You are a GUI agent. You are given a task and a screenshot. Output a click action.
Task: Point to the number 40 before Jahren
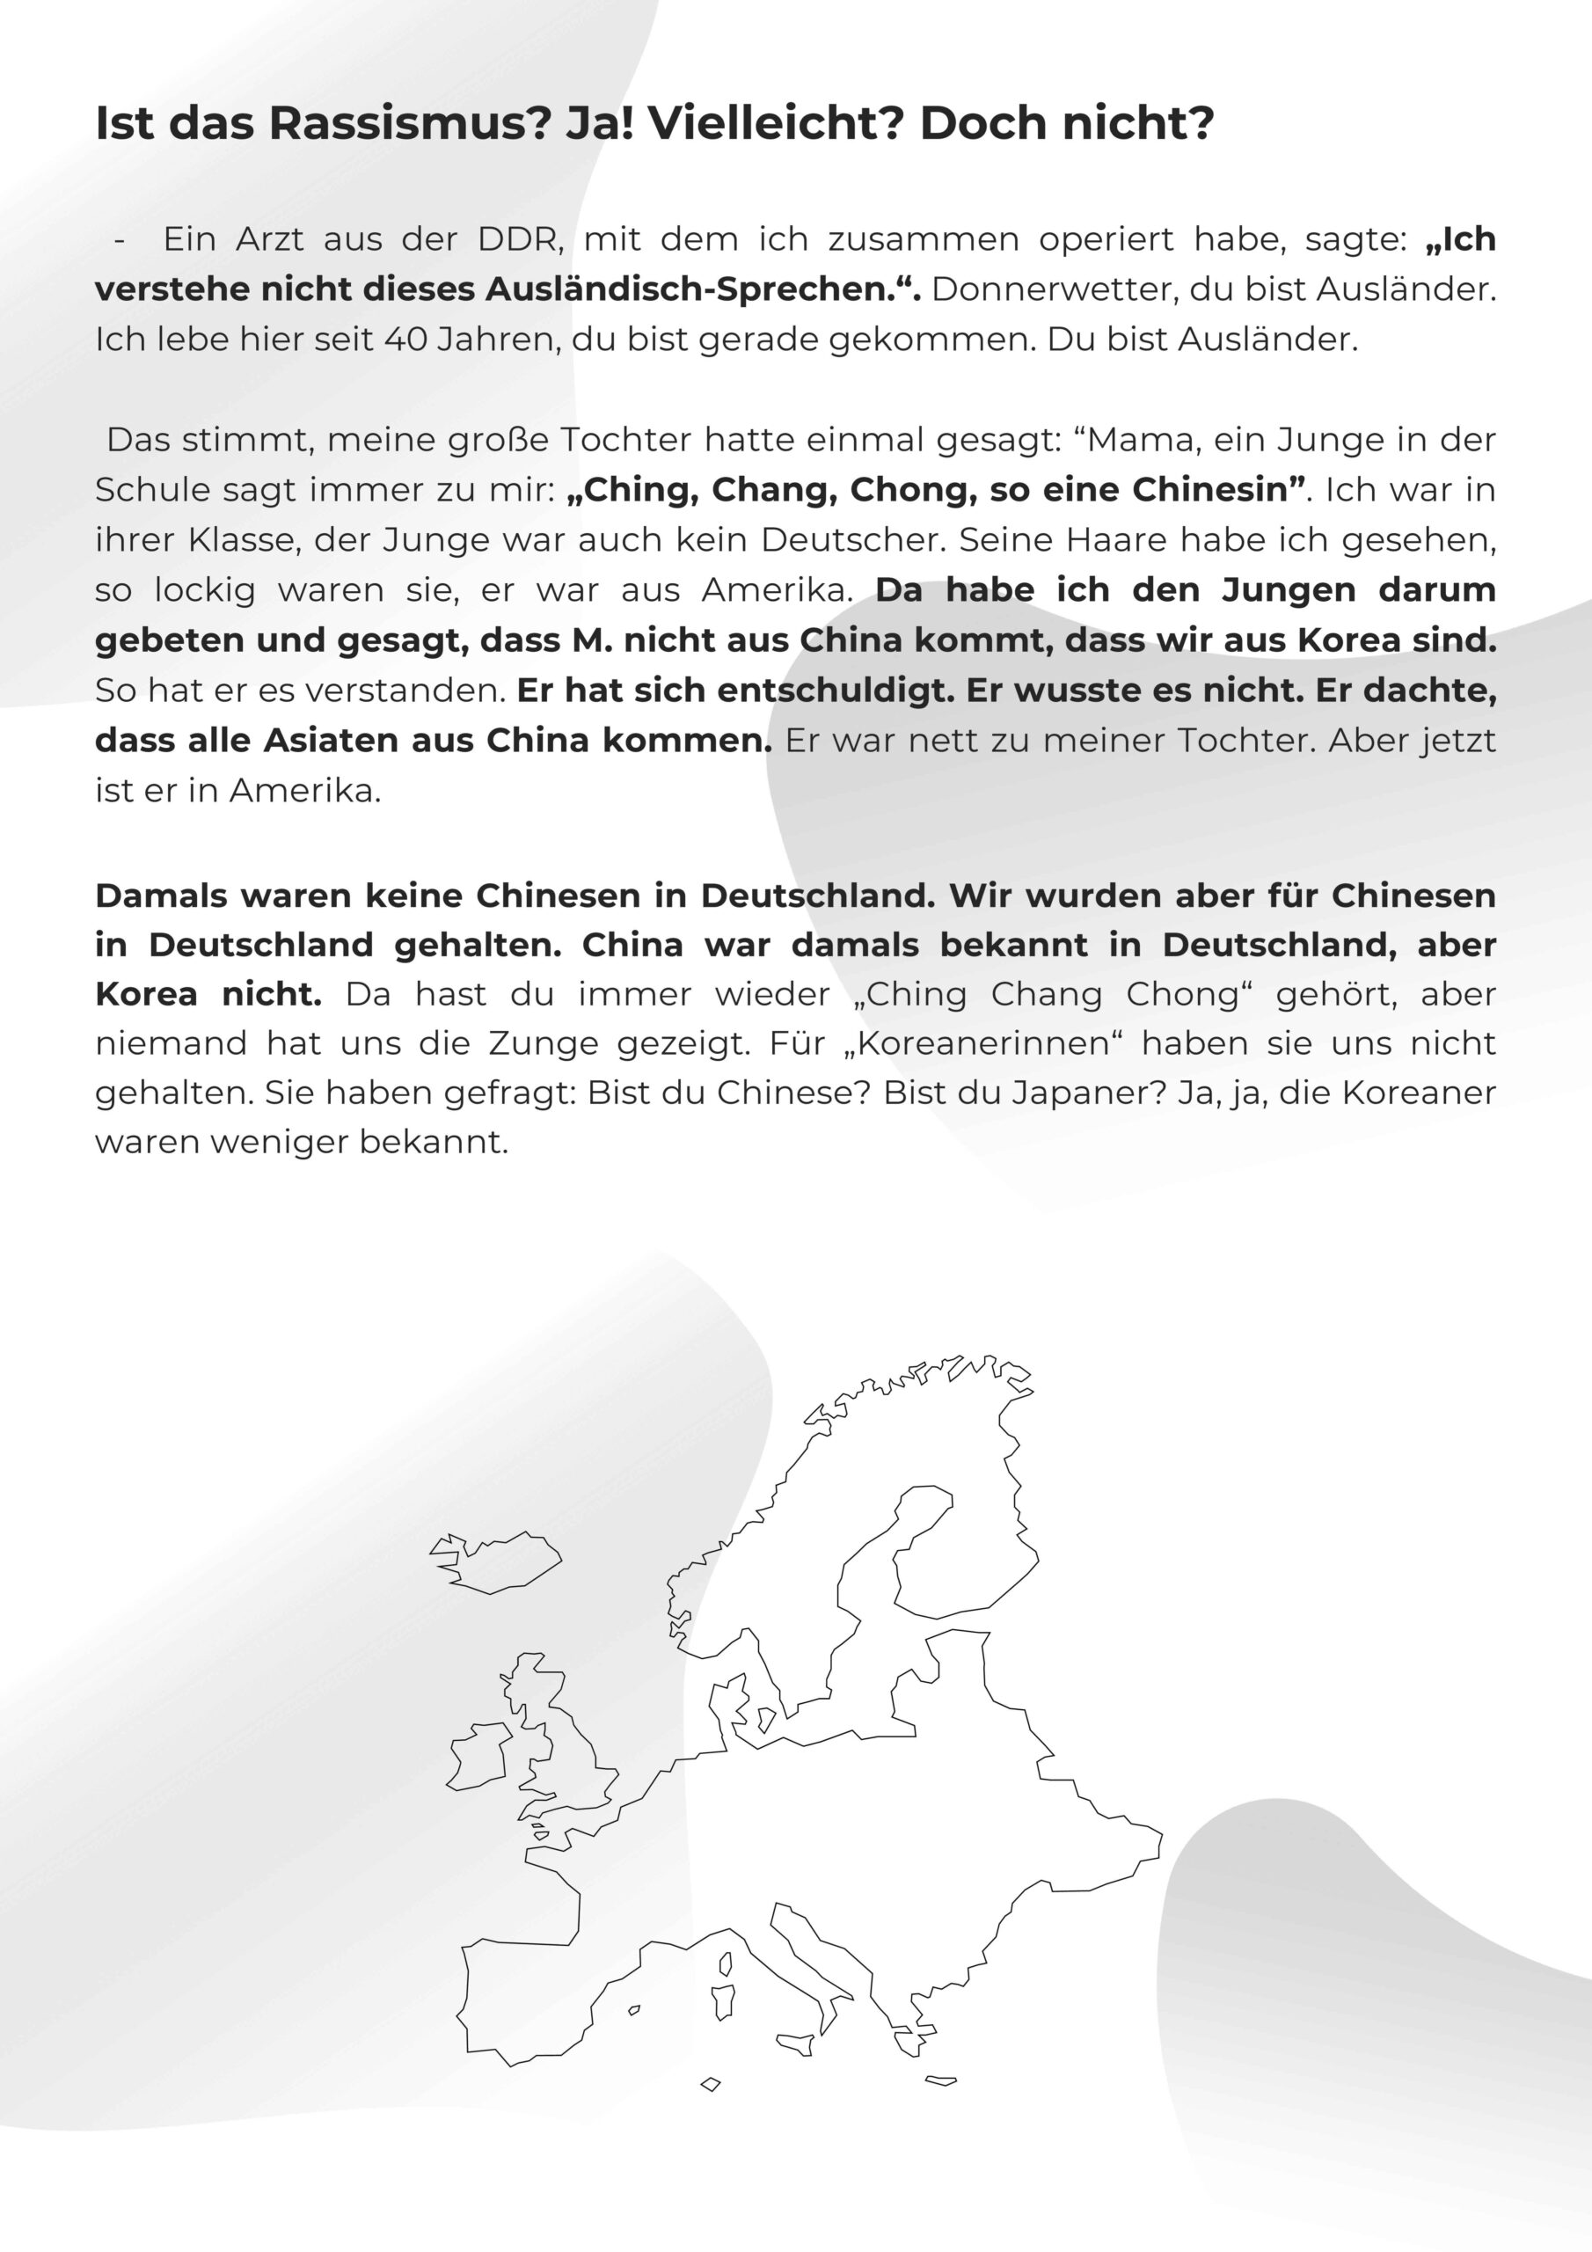(405, 340)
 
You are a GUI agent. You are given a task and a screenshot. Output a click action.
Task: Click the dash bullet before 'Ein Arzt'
(120, 240)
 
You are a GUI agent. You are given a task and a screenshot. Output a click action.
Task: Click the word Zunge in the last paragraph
(559, 1042)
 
